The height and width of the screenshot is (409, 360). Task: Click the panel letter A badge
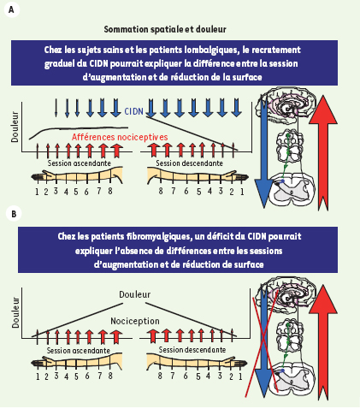[x=11, y=10]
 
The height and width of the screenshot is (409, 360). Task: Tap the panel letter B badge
[x=14, y=214]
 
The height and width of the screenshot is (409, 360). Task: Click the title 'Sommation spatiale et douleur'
[x=165, y=29]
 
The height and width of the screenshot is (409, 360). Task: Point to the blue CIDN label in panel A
[x=133, y=111]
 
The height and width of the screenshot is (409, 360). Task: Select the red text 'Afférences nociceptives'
[x=120, y=137]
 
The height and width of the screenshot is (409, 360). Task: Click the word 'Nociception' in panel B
[x=135, y=321]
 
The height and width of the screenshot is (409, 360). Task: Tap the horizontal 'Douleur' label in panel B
[x=134, y=294]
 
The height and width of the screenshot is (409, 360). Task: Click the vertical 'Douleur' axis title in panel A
[x=15, y=127]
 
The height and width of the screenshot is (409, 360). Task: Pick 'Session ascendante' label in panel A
[x=79, y=163]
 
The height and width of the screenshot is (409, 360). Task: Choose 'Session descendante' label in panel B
[x=192, y=350]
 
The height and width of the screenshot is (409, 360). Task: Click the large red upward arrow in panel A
[x=323, y=152]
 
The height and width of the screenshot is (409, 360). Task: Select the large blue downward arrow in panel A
[x=263, y=151]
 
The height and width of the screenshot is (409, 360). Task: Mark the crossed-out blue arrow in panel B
[x=263, y=341]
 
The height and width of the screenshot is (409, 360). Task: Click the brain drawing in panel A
[x=287, y=106]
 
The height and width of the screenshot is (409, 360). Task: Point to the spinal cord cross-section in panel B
[x=292, y=379]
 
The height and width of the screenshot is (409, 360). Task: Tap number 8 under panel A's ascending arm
[x=110, y=191]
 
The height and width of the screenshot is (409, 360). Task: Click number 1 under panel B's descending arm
[x=240, y=376]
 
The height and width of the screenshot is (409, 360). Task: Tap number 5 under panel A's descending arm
[x=198, y=192]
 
